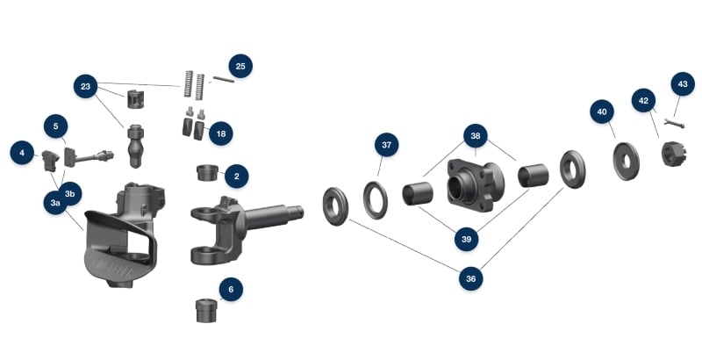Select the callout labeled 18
tap(221, 133)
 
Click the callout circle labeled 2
tap(236, 176)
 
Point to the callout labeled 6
tap(231, 289)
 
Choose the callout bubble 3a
tap(55, 203)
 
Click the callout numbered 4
tap(22, 153)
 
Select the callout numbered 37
tap(386, 144)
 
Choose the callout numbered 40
tap(602, 112)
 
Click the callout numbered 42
tap(644, 101)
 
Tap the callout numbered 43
tap(682, 84)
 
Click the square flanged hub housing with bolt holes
tap(474, 185)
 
